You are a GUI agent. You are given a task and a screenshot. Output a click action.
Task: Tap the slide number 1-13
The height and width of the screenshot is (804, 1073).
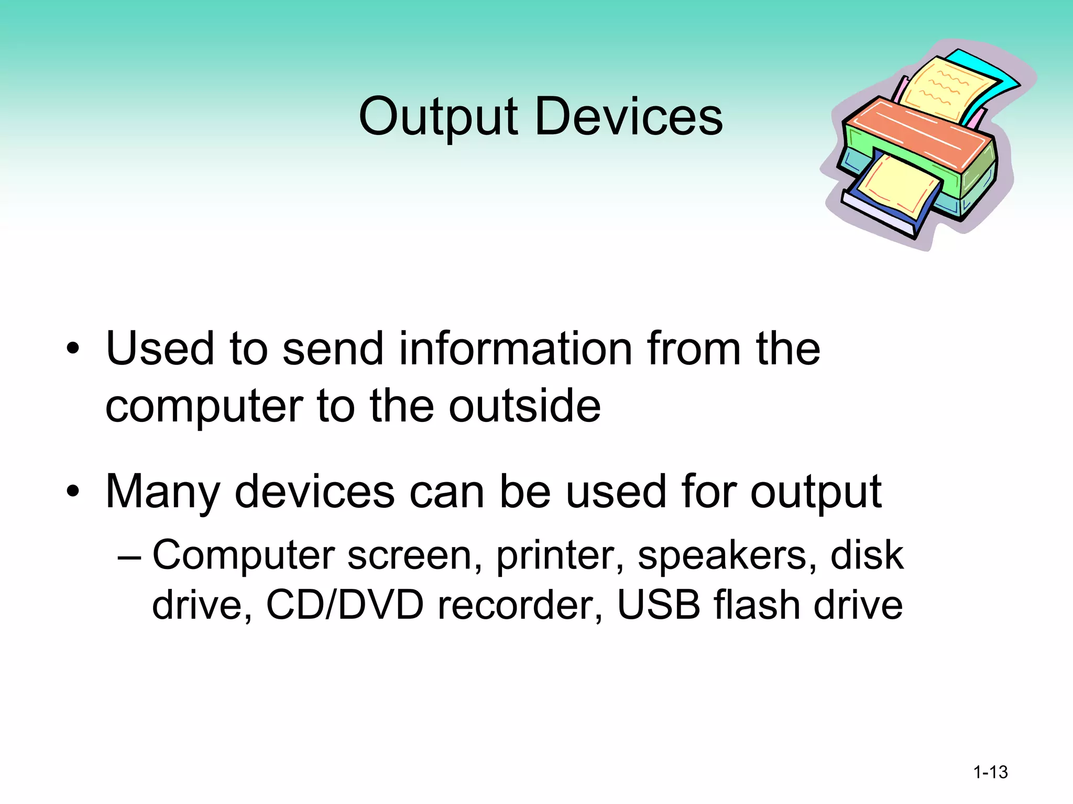tap(990, 772)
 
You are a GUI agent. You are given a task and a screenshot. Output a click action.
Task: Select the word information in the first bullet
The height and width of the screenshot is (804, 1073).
tap(516, 349)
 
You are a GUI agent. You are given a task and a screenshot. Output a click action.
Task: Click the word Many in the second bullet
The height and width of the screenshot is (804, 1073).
tap(162, 492)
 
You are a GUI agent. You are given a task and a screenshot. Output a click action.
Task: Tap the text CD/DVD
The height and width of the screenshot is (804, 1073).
tap(345, 605)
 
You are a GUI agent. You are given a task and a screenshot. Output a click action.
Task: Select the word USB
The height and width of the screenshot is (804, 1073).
tap(659, 605)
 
